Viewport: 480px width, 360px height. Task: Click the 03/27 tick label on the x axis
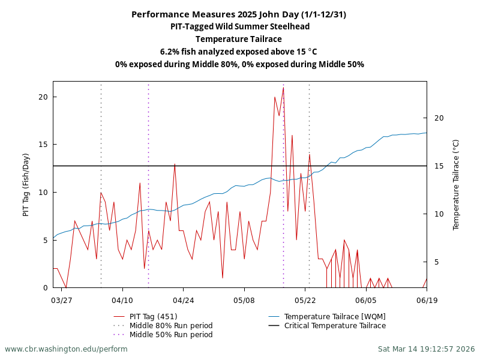62,299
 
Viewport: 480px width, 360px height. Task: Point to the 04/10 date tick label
122,299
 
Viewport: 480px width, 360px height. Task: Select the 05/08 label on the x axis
244,299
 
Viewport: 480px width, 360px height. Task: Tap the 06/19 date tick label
426,299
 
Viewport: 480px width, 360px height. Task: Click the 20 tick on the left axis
43,97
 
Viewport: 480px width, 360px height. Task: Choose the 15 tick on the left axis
43,145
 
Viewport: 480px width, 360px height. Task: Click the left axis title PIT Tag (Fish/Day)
26,185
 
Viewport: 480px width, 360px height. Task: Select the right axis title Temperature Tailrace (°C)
456,185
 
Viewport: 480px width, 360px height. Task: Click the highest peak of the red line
283,88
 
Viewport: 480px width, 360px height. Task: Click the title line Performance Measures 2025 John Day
239,14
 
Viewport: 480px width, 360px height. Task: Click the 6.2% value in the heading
169,52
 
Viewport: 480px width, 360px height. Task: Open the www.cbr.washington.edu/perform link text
66,349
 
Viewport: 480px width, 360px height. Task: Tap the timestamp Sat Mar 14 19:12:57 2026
426,349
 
